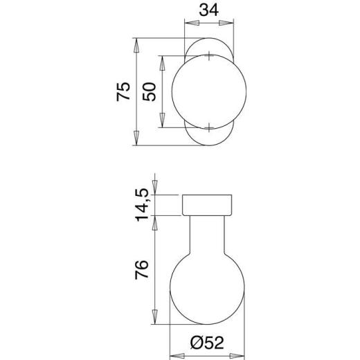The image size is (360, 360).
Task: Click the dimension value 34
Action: (208, 12)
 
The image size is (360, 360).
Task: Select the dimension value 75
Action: (123, 92)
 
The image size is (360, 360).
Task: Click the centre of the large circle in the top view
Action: (208, 92)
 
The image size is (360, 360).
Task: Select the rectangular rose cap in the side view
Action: (208, 205)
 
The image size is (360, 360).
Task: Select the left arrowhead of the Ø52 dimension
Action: (174, 355)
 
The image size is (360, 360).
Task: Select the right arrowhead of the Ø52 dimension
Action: (241, 355)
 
